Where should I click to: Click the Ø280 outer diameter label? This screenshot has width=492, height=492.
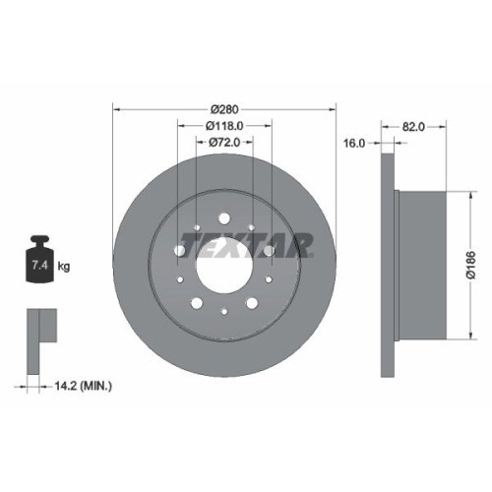coord(225,108)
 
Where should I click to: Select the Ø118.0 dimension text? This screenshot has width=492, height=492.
coord(225,126)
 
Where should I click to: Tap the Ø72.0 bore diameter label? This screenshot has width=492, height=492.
coord(225,143)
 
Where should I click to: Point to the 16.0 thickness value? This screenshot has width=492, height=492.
coord(354,143)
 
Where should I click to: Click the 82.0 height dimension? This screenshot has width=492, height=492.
coord(413,126)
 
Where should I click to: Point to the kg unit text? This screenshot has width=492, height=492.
coord(64,266)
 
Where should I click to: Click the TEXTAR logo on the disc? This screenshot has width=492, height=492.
coord(246,242)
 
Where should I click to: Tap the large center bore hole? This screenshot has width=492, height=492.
coord(224,264)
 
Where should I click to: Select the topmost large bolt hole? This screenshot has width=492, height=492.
coord(224,218)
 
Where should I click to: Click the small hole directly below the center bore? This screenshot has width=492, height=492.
coord(224,313)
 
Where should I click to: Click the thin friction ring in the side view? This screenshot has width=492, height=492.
coord(387,264)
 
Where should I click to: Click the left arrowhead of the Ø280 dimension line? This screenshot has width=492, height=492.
coord(117,108)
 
